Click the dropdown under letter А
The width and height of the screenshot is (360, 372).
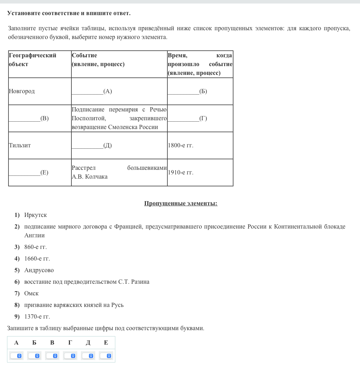pyautogui.click(x=16, y=356)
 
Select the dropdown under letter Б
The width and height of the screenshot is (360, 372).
pyautogui.click(x=34, y=356)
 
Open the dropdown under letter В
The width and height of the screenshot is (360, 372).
pyautogui.click(x=52, y=356)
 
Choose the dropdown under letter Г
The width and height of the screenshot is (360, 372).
pyautogui.click(x=70, y=356)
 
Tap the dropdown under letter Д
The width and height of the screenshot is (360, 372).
pyautogui.click(x=88, y=356)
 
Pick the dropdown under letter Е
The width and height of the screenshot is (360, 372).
pyautogui.click(x=106, y=356)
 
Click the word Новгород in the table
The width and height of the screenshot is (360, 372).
pyautogui.click(x=22, y=91)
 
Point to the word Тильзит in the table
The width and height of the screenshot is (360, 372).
pyautogui.click(x=20, y=146)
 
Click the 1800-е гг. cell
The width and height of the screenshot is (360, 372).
pyautogui.click(x=181, y=146)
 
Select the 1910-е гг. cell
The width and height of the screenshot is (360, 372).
pyautogui.click(x=181, y=173)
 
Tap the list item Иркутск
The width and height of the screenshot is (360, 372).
pyautogui.click(x=36, y=215)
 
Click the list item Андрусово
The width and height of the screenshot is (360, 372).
pyautogui.click(x=39, y=270)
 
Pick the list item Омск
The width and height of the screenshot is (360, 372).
pyautogui.click(x=31, y=294)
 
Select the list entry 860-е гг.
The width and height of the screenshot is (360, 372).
pyautogui.click(x=36, y=247)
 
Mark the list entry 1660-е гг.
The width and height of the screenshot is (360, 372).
pyautogui.click(x=37, y=259)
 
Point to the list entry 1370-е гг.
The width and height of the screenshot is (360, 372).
pyautogui.click(x=37, y=317)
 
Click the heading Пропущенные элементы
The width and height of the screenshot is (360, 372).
pyautogui.click(x=181, y=204)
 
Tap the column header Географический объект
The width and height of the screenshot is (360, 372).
pyautogui.click(x=32, y=60)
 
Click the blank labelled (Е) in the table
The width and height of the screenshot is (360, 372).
pyautogui.click(x=28, y=173)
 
